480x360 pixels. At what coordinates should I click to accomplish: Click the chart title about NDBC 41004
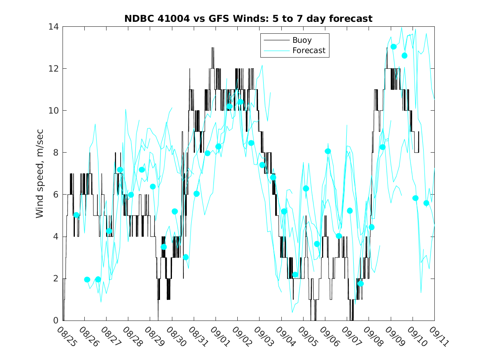click(248, 19)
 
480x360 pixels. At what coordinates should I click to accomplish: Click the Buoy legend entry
click(302, 40)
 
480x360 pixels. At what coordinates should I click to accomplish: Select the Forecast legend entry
click(308, 51)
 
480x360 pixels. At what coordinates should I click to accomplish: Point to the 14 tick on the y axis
click(53, 27)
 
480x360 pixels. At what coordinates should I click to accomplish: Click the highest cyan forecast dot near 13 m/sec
click(394, 47)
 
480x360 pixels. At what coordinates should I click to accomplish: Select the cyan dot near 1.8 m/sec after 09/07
click(361, 283)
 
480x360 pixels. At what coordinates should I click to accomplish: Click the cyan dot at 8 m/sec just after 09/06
click(328, 151)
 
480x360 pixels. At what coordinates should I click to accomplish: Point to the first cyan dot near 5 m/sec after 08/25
click(76, 215)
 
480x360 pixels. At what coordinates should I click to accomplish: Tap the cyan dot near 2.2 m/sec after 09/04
click(295, 275)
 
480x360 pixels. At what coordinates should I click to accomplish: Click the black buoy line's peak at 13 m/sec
click(213, 48)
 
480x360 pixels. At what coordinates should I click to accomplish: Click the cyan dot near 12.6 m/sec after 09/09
click(404, 56)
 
